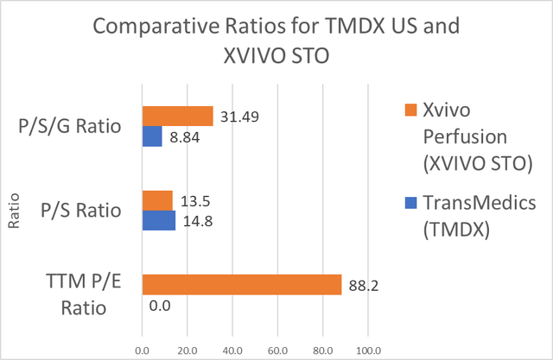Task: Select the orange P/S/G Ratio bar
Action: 177,116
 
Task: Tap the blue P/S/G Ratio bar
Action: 152,136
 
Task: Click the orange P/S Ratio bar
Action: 157,199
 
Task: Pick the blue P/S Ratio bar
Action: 159,220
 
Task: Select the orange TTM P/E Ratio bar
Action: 241,284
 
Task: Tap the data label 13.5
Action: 195,200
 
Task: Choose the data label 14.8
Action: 198,221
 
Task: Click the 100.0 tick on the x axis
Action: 367,350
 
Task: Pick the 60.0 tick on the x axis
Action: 277,350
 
